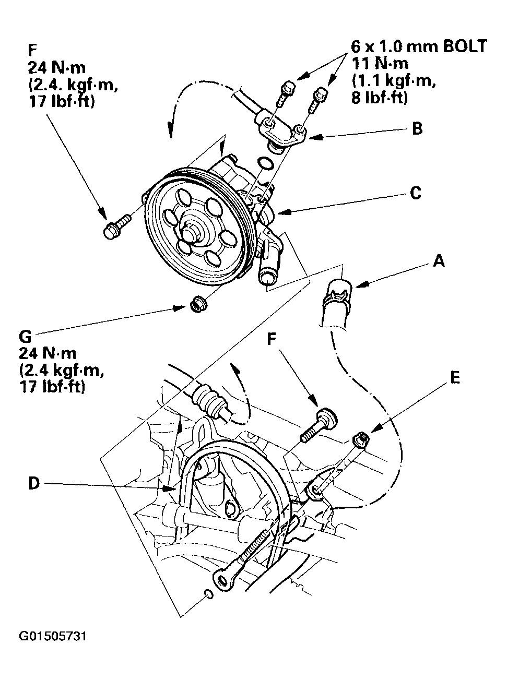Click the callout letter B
[417, 128]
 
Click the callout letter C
[415, 193]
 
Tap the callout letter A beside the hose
[439, 260]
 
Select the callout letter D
[33, 484]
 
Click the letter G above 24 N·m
[26, 338]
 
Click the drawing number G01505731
[52, 637]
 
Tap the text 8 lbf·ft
[379, 98]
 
